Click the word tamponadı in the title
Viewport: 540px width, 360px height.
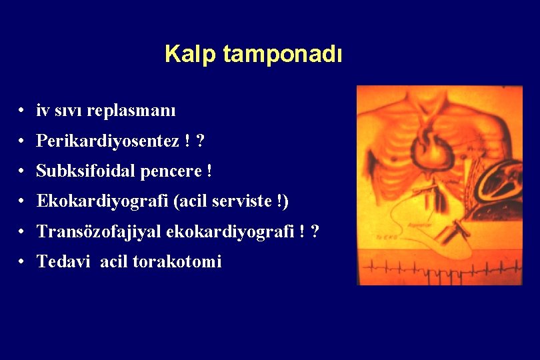(x=283, y=55)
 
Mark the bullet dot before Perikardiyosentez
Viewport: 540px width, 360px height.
(x=23, y=141)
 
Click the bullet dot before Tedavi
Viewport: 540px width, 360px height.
(x=23, y=262)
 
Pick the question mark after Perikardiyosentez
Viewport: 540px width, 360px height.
(x=201, y=141)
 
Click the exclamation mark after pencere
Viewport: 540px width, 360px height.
(x=209, y=171)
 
